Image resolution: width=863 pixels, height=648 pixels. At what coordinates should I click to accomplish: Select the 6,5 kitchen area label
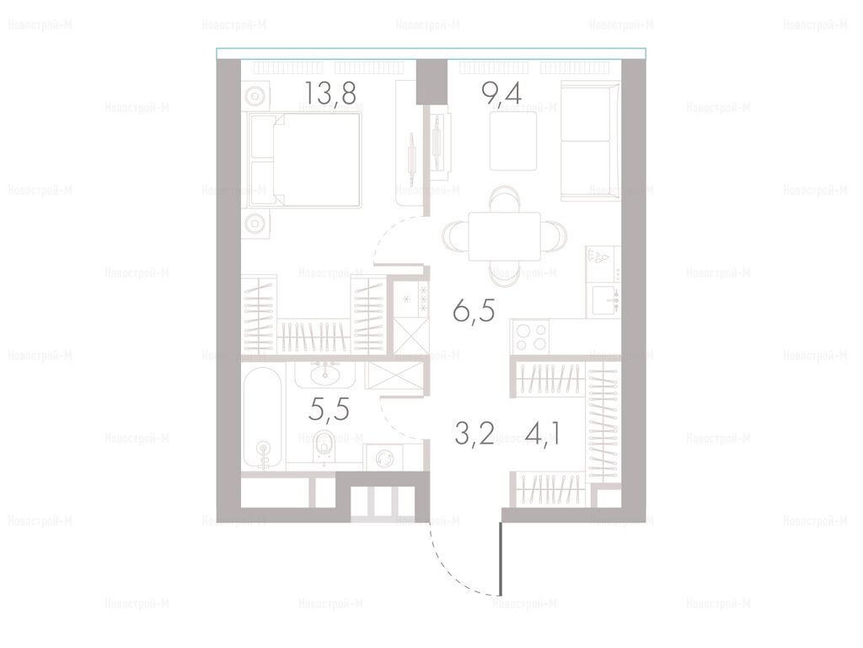coord(474,311)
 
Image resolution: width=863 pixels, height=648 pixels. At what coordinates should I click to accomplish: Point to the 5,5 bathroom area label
coord(330,409)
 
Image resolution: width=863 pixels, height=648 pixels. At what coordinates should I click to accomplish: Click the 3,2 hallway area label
coord(474,434)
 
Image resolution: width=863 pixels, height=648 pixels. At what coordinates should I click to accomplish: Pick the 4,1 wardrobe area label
coord(543,434)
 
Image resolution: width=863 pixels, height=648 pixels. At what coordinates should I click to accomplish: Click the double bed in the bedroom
coord(305,159)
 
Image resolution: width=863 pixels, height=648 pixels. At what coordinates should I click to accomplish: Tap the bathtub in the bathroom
coord(263,418)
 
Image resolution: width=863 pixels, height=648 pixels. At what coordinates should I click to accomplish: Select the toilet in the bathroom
coord(324,447)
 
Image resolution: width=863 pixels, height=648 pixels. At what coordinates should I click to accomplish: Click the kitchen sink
coord(606,300)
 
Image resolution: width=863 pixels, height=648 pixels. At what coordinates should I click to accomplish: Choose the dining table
coord(505,236)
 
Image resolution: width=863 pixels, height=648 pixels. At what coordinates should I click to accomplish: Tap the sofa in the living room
coord(590,141)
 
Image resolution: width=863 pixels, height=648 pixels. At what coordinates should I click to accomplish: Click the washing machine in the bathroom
coord(383,457)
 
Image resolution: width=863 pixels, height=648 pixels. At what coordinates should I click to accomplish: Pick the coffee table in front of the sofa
coord(513,141)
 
